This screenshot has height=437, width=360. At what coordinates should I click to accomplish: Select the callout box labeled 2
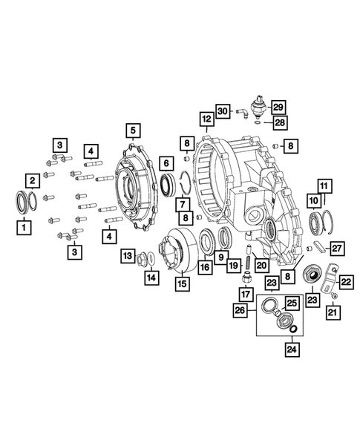[x=32, y=180]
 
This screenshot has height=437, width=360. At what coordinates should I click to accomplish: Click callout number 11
[x=324, y=185]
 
